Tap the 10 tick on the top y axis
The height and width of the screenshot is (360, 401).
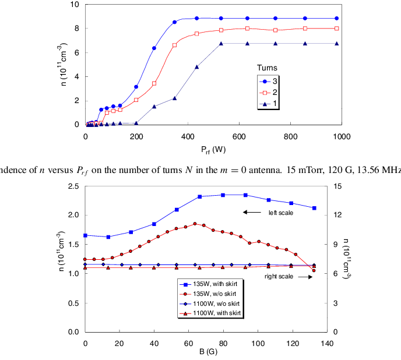pos(75,5)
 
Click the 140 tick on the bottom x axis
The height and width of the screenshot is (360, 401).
pos(327,343)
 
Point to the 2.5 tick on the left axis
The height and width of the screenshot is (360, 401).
pos(73,186)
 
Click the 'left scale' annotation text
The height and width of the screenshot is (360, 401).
pos(280,213)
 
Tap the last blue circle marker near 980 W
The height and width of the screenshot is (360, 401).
pos(337,19)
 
